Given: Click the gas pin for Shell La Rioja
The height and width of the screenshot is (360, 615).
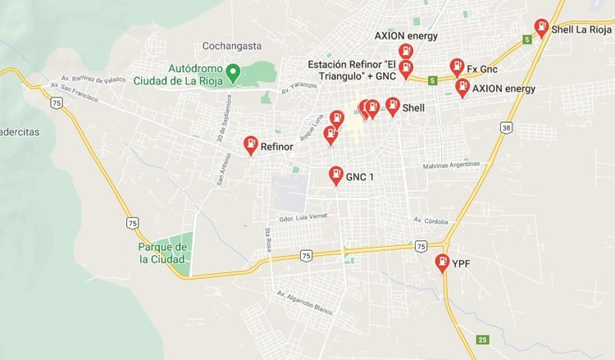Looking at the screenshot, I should [x=541, y=27].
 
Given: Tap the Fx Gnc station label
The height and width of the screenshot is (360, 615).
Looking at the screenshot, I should [x=482, y=69].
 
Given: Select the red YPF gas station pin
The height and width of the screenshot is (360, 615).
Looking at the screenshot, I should [x=442, y=262].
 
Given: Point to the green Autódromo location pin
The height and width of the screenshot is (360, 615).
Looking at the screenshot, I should [x=234, y=73].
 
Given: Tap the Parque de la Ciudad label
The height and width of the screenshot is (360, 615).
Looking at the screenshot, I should [x=163, y=253].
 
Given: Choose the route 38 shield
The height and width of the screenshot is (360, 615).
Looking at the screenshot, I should [x=506, y=128].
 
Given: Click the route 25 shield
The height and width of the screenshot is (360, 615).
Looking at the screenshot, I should [x=482, y=339].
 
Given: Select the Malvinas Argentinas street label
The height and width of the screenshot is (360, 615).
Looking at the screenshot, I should [x=450, y=166].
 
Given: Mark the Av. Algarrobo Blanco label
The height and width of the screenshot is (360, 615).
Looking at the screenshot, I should [x=304, y=303].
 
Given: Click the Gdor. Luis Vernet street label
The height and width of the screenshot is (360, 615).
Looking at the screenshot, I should [x=303, y=217].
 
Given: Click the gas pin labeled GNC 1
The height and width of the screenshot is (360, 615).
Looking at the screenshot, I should [x=335, y=175].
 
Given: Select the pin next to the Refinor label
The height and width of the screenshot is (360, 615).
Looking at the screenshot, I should [x=250, y=144].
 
